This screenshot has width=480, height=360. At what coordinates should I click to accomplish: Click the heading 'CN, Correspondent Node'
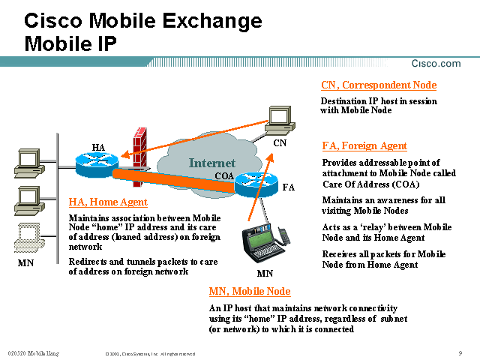[378, 85]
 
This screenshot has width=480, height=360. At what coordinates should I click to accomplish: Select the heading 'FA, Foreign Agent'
[364, 146]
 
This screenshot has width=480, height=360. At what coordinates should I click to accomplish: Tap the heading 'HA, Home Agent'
[108, 202]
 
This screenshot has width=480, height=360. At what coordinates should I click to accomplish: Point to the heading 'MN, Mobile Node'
[249, 292]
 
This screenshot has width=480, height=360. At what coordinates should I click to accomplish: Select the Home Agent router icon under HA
[97, 160]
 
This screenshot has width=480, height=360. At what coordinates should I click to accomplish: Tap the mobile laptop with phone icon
[265, 244]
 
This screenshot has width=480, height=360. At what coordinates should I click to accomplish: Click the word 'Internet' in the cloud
[211, 163]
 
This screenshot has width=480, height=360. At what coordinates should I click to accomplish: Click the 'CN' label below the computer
[280, 141]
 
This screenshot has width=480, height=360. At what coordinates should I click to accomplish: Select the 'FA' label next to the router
[289, 186]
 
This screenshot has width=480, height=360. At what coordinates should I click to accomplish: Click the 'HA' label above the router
[98, 146]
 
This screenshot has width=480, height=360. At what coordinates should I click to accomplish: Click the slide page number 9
[459, 352]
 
